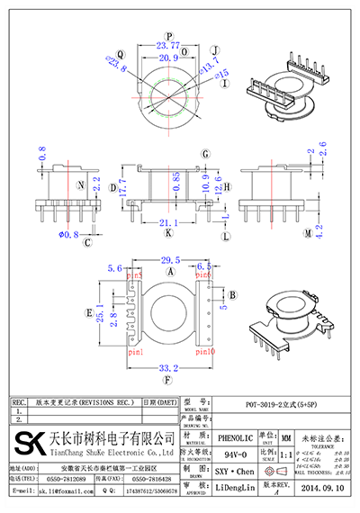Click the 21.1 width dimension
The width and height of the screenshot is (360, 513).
coord(168,222)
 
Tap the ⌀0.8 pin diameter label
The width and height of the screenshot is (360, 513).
coord(69,235)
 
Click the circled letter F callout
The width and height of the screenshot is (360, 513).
coord(169,380)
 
